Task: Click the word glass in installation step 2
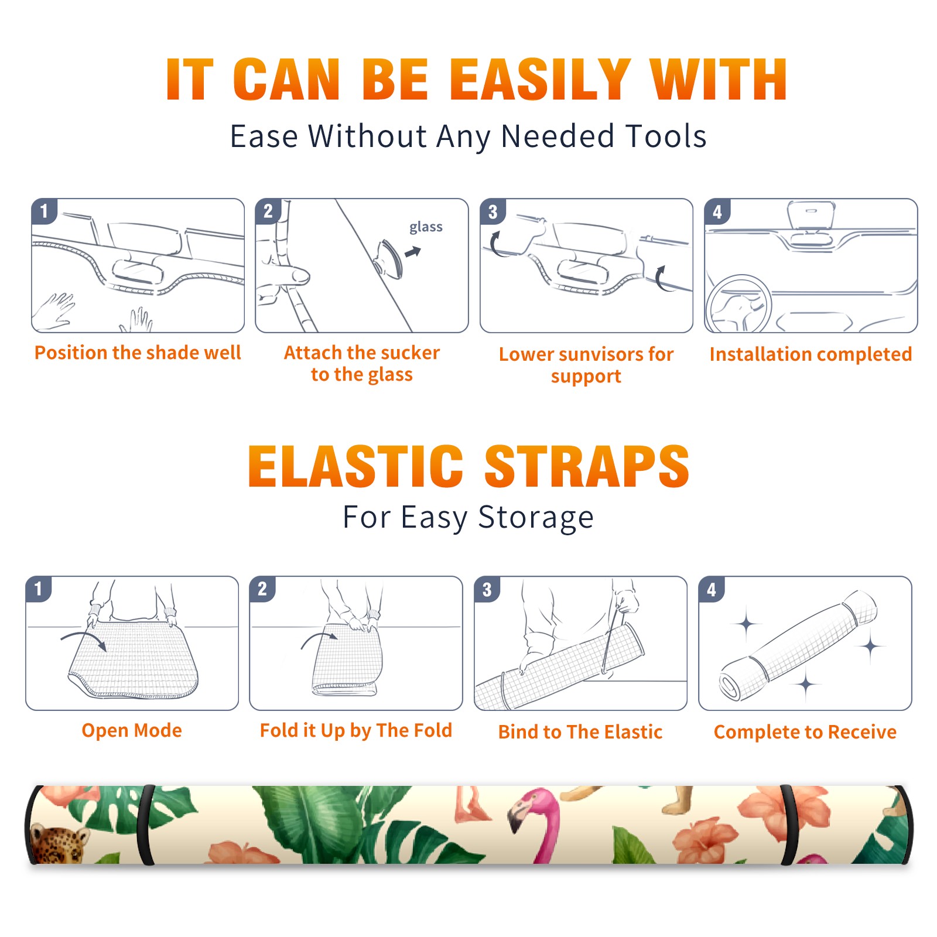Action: (x=426, y=227)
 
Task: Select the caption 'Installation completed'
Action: (x=811, y=354)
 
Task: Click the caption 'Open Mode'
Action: (x=132, y=730)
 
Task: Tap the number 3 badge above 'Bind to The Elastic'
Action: (x=487, y=589)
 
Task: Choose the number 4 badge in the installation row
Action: (x=717, y=211)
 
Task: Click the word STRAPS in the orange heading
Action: (x=587, y=466)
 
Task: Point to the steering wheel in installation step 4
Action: (x=738, y=304)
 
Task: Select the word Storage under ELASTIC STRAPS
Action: (x=536, y=518)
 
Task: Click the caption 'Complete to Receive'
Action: (x=805, y=732)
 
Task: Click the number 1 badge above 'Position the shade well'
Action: (x=45, y=211)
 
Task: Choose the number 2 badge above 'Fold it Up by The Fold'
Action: (x=262, y=589)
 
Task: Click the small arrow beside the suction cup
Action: (x=413, y=252)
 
